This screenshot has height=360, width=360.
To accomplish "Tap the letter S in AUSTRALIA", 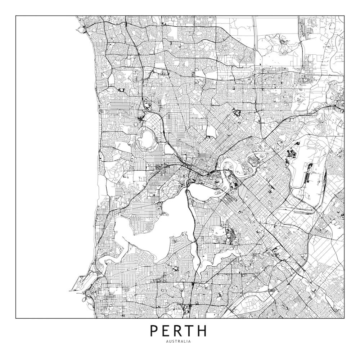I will (x=173, y=341).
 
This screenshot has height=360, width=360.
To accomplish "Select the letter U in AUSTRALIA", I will (x=170, y=341).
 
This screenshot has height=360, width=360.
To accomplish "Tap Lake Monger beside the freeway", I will (x=168, y=148).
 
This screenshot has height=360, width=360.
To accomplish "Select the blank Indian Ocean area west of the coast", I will (x=47, y=162).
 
